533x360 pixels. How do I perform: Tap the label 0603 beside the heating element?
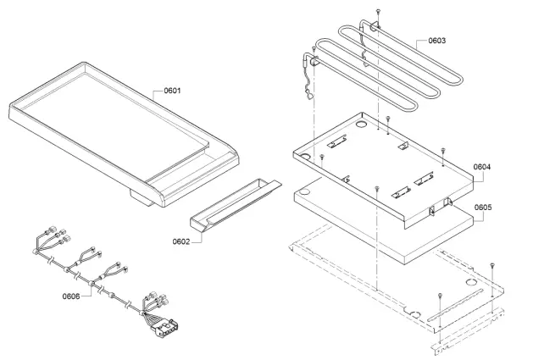[x=437, y=40]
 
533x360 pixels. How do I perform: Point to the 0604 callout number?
[x=482, y=167]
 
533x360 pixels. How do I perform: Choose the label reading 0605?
[x=483, y=206]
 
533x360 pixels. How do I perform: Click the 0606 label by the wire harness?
[x=71, y=296]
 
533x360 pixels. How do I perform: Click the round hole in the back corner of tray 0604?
[x=363, y=125]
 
